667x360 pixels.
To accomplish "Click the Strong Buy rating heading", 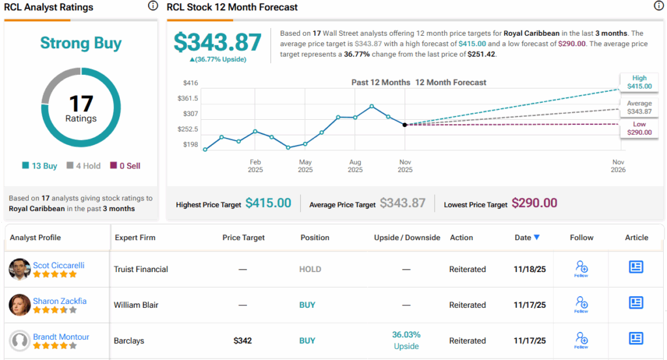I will pyautogui.click(x=81, y=44).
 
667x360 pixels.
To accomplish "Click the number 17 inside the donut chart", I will pyautogui.click(x=81, y=104).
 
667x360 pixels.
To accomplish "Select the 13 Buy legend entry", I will pyautogui.click(x=40, y=166).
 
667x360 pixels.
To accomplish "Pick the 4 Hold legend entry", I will pyautogui.click(x=84, y=166).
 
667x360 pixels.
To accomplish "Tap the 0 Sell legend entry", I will pyautogui.click(x=124, y=166).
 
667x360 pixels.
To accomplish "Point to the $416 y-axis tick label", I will pyautogui.click(x=190, y=83).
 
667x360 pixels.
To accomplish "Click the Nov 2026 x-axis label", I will pyautogui.click(x=617, y=165).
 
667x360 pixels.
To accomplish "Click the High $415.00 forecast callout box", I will pyautogui.click(x=639, y=81).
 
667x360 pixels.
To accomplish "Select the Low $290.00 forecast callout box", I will pyautogui.click(x=639, y=128).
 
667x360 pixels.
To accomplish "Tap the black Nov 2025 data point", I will pyautogui.click(x=405, y=124).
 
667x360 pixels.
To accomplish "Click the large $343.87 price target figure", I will pyautogui.click(x=218, y=42).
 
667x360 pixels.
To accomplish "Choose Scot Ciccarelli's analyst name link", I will pyautogui.click(x=59, y=266).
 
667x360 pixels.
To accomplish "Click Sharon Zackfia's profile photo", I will pyautogui.click(x=20, y=305).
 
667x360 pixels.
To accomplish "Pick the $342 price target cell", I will pyautogui.click(x=243, y=340).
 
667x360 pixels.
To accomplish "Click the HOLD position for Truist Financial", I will pyautogui.click(x=310, y=269).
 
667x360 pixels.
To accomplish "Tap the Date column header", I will pyautogui.click(x=526, y=238).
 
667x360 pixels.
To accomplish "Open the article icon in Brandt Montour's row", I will pyautogui.click(x=636, y=339).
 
